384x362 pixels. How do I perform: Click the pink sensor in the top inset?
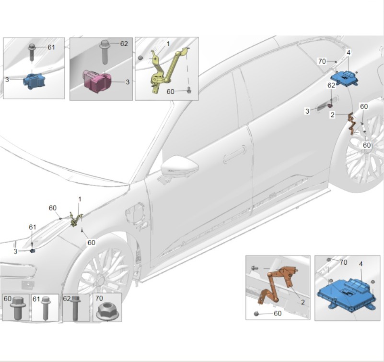97,81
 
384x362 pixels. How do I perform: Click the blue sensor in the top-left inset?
34,81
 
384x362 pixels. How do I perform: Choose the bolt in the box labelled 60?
17,308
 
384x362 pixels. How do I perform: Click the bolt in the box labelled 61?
46,308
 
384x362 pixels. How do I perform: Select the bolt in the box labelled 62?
75,308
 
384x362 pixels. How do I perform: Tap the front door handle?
234,153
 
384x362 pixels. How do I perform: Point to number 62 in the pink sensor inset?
124,44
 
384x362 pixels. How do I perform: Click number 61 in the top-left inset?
51,47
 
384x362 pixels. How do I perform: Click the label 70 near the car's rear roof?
322,61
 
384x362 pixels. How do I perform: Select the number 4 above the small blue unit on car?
349,52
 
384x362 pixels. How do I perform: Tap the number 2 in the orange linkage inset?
303,302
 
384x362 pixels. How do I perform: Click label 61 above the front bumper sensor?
32,227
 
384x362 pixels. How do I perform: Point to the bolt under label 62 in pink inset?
104,52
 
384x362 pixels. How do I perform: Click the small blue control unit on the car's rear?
345,78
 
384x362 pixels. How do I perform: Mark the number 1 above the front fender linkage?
80,199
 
